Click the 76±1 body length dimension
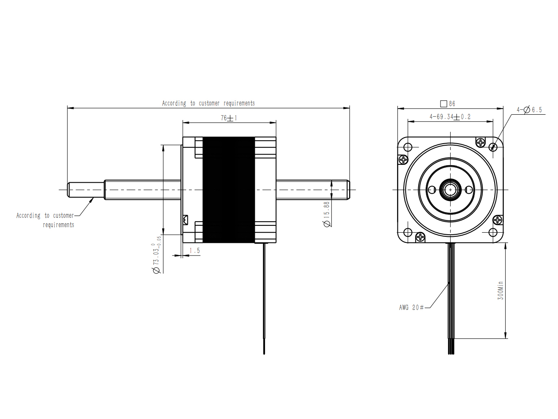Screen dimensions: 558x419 229,118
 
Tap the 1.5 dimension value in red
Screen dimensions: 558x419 195,251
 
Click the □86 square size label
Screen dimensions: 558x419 448,104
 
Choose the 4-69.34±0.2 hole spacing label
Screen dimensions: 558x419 450,117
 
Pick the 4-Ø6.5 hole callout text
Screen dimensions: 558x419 529,110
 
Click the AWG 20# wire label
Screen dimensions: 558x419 411,308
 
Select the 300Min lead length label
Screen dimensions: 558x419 500,290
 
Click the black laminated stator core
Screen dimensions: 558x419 228,190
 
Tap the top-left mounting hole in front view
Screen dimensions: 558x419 408,147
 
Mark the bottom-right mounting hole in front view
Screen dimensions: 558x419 493,232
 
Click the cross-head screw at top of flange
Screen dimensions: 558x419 480,142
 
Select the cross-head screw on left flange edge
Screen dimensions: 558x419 403,160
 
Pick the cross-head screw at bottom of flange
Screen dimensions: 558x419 420,237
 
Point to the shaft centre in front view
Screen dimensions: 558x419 450,190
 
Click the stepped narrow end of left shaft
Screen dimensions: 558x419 86,190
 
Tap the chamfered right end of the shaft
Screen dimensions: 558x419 348,190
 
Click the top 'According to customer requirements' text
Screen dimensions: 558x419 208,103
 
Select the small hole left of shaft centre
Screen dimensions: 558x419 432,190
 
